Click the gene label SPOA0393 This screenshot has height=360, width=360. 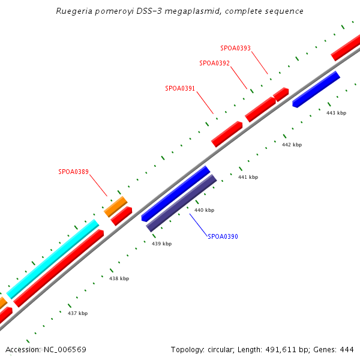(235, 47)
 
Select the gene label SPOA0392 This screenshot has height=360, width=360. (214, 62)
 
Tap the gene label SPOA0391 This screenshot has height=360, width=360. (180, 88)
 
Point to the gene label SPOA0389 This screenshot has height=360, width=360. (73, 172)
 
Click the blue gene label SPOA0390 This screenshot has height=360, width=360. (223, 236)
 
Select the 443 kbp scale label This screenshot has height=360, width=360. (336, 113)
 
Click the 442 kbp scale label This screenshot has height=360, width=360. (292, 145)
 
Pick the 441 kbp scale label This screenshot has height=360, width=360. (248, 177)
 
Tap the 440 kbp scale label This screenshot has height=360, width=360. (204, 210)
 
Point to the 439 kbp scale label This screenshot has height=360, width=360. (161, 244)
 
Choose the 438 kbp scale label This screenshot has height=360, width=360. (119, 278)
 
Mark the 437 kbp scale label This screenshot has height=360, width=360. (77, 313)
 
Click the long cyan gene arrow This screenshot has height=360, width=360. (53, 258)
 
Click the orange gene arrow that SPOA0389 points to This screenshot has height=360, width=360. (115, 206)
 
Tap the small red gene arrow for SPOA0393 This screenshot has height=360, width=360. (281, 94)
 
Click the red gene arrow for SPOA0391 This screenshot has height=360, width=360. (227, 134)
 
